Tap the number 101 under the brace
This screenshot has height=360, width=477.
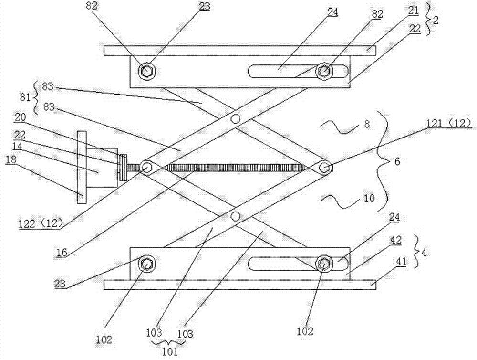[170, 351]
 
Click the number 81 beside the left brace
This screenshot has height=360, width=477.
[25, 98]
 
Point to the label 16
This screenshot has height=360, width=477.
[62, 252]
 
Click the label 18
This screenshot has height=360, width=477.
[11, 159]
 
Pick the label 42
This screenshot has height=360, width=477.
[396, 240]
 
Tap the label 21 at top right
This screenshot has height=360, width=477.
[413, 11]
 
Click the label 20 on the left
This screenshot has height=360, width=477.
[20, 117]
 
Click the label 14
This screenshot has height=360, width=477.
[17, 146]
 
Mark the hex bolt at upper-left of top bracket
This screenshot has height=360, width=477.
[146, 71]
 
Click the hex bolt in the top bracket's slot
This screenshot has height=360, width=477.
[324, 71]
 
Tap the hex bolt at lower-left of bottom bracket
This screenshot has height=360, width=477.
[146, 263]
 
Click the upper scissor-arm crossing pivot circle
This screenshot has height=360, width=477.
[235, 119]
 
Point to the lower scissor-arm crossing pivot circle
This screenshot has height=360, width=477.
[235, 216]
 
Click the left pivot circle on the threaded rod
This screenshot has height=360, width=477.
[146, 167]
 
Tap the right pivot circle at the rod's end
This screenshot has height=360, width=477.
[324, 167]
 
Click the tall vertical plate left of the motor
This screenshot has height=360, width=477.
[82, 167]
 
